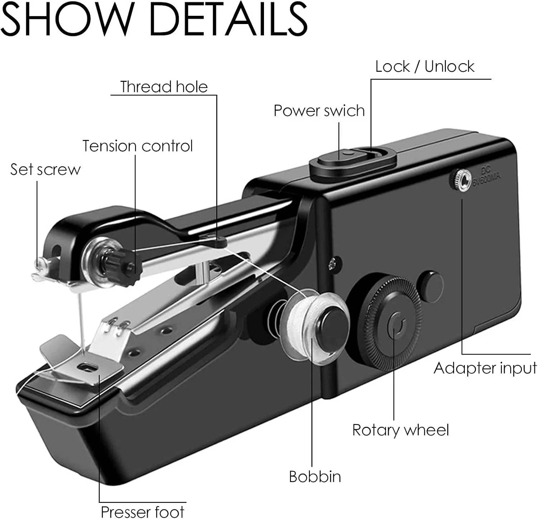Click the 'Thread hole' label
click(x=164, y=87)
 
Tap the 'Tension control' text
click(x=138, y=146)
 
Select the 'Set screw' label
click(x=46, y=169)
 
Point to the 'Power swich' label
click(x=319, y=111)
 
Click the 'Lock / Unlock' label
click(x=425, y=66)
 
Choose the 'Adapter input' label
click(x=485, y=368)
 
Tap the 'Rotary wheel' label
click(x=400, y=430)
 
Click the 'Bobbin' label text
click(x=315, y=477)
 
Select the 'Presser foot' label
click(x=142, y=511)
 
